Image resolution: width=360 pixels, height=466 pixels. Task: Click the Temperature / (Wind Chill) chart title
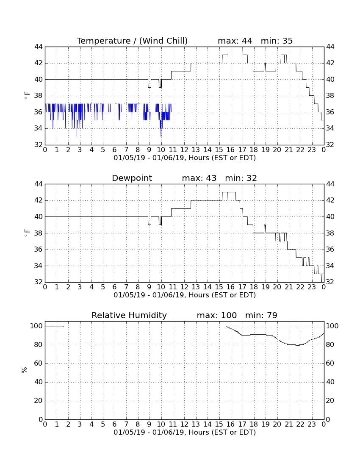tap(132, 41)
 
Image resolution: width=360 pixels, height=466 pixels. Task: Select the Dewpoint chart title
tap(132, 178)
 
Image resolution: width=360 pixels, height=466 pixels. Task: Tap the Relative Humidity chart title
tap(129, 315)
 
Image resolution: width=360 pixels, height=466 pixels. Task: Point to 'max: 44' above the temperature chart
tap(235, 41)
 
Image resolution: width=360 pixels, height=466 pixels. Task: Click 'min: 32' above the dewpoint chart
tap(241, 178)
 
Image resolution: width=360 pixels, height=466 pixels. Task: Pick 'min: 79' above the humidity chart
tap(261, 315)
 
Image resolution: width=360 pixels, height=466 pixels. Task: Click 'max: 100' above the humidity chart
tap(217, 315)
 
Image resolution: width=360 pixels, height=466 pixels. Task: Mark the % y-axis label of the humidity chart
tap(25, 370)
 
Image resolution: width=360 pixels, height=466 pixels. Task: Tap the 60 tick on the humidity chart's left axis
tap(39, 363)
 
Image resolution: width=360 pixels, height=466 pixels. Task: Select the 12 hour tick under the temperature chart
tap(184, 150)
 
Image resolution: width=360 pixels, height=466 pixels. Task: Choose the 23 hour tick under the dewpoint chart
tap(312, 287)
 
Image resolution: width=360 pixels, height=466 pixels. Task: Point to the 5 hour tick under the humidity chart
tap(103, 424)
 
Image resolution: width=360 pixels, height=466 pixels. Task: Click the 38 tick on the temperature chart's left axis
tap(39, 96)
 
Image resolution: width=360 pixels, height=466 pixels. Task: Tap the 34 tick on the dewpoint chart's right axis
tap(330, 266)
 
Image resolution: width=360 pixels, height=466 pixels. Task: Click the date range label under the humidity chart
tap(185, 432)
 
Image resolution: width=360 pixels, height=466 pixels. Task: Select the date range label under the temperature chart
tap(185, 158)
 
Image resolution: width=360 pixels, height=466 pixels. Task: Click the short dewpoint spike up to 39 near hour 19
tap(265, 229)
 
